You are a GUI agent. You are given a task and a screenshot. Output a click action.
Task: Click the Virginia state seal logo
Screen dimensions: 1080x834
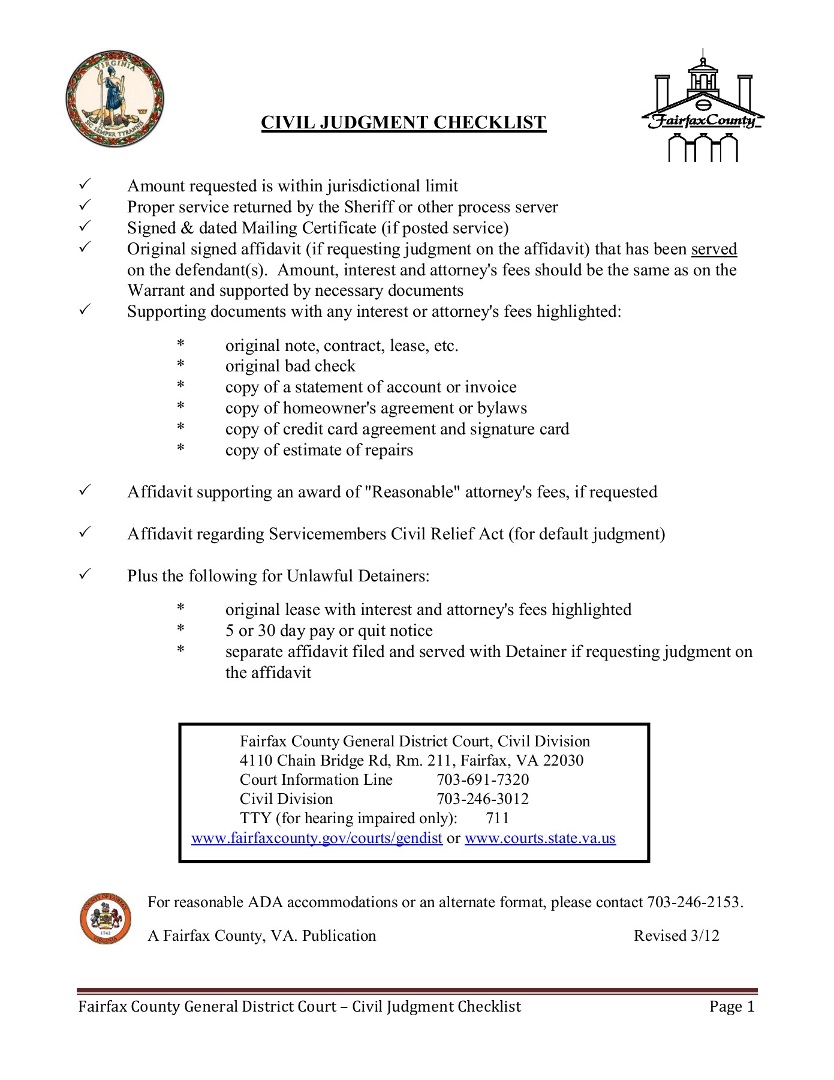(x=115, y=98)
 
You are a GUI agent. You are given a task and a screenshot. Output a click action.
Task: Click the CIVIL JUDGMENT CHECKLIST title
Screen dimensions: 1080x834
(x=404, y=122)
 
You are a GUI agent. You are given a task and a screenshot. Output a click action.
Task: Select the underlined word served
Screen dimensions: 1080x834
(x=713, y=249)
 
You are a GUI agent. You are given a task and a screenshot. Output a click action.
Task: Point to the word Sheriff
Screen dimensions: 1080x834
(x=368, y=207)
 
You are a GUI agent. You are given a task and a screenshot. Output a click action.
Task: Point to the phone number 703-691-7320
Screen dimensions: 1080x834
(x=483, y=779)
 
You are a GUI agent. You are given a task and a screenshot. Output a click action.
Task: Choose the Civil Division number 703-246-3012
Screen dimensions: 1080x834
(x=483, y=799)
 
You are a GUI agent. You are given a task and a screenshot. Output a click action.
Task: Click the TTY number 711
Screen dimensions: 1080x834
(x=498, y=818)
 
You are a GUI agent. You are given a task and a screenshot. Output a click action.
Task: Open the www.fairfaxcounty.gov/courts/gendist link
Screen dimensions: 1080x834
(x=317, y=838)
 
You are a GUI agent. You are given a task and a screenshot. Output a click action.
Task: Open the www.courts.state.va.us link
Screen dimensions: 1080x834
(x=540, y=838)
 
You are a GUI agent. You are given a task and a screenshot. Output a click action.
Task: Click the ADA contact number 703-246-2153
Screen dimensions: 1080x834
(x=694, y=902)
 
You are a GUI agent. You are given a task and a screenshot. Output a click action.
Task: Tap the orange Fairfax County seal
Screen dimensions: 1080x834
(x=106, y=918)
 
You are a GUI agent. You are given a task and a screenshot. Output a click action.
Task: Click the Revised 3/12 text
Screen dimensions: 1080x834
(x=676, y=936)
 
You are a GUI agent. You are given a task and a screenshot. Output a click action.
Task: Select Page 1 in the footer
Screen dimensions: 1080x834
(x=731, y=1007)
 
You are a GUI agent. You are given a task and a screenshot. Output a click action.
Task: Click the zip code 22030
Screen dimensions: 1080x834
(x=563, y=760)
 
